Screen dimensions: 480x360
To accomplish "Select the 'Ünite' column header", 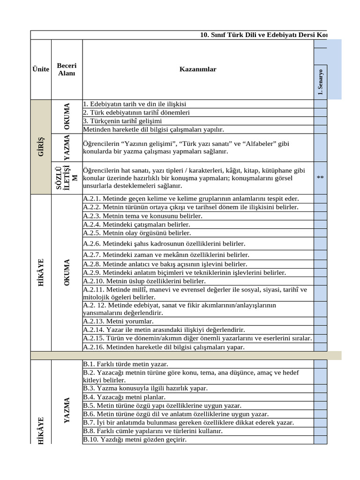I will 41,69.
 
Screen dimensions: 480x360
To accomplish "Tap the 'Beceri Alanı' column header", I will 66,69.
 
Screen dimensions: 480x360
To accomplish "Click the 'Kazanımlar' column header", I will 197,69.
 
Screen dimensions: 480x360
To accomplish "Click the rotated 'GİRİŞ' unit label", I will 41,147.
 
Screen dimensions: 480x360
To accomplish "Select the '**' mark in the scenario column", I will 321,178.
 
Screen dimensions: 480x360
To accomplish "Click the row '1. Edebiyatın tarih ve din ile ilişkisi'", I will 135,104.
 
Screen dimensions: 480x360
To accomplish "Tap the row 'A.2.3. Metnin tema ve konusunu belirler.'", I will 142,216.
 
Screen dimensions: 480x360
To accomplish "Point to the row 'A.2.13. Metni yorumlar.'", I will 118,322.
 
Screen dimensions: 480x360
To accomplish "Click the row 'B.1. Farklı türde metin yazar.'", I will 125,364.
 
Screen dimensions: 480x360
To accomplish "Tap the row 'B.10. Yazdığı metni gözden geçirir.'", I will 135,440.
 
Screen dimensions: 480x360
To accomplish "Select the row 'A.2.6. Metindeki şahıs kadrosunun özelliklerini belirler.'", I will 164,244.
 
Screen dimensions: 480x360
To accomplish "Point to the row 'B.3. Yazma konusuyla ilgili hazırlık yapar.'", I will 145,389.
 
